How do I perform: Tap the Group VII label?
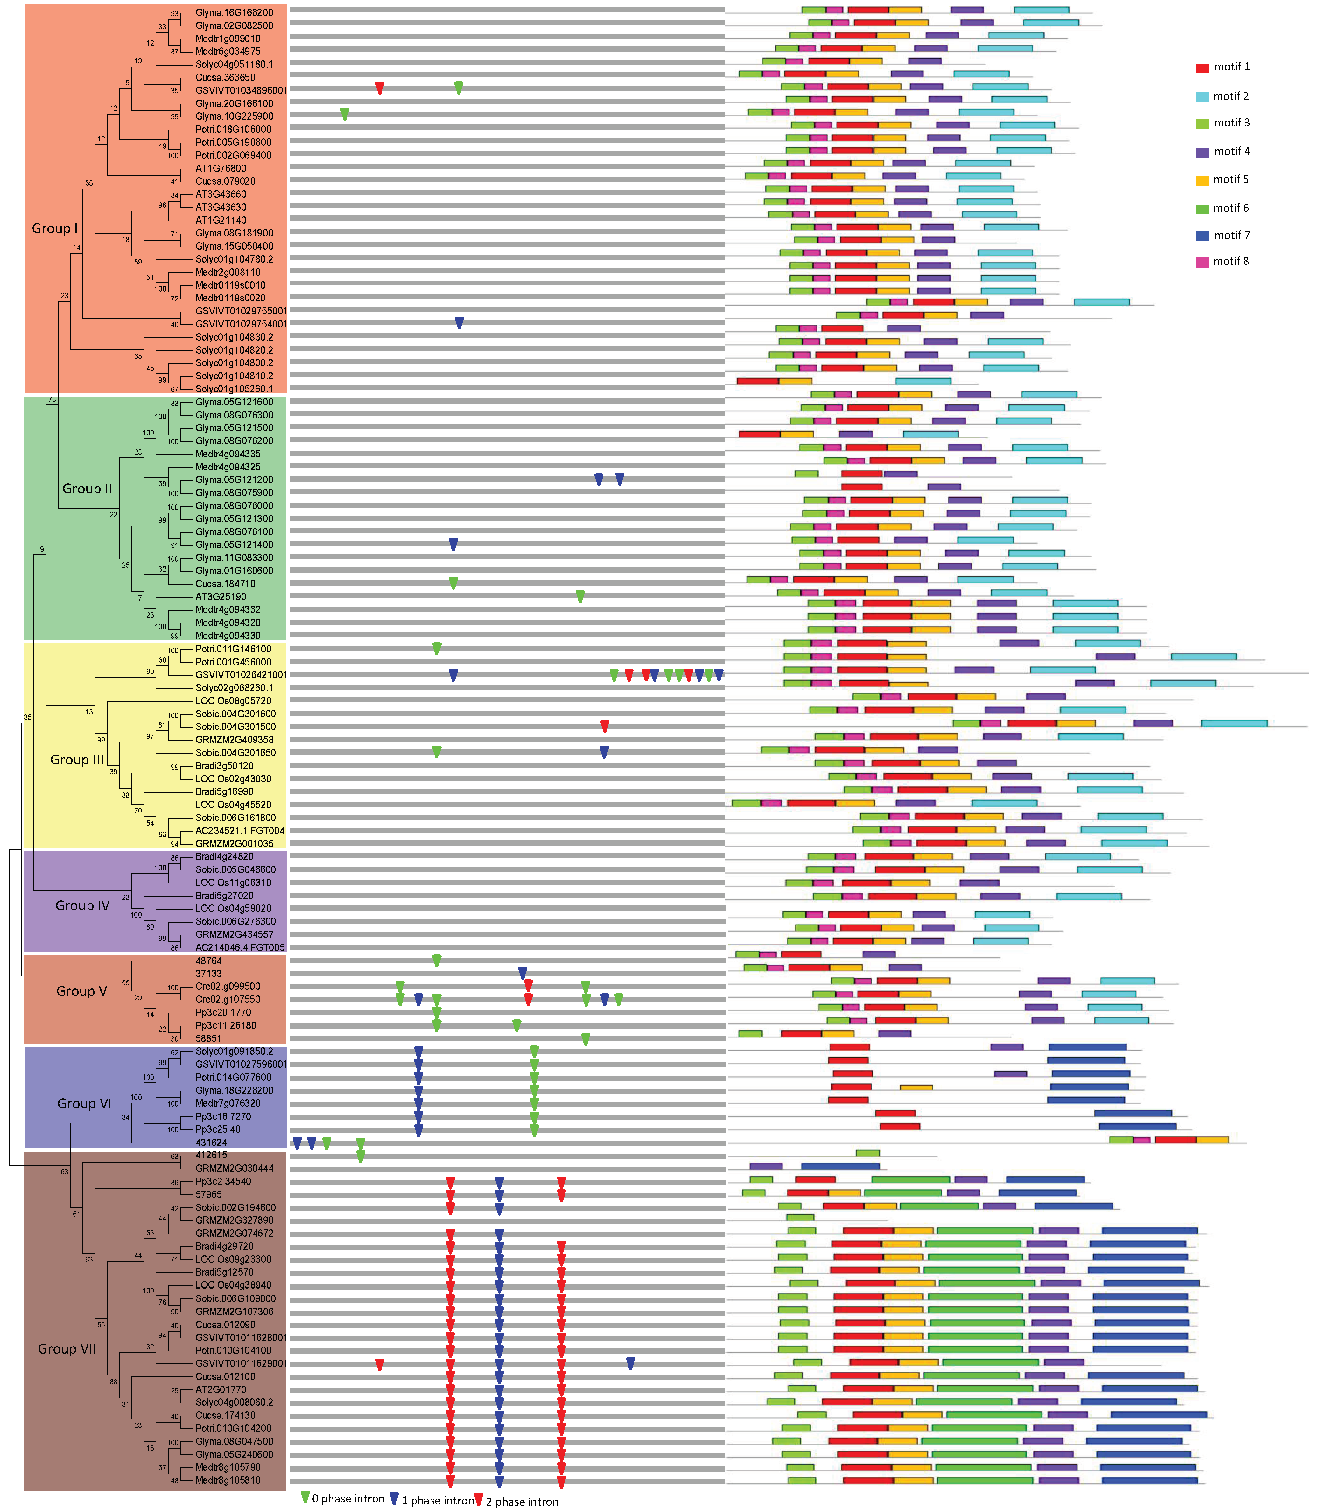(67, 1349)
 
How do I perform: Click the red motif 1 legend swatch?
(1202, 68)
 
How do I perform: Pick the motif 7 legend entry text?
(1231, 236)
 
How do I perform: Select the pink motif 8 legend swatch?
(1202, 262)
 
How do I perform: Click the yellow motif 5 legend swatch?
(1202, 180)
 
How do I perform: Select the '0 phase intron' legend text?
(347, 1499)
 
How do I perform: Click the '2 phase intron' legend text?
(522, 1502)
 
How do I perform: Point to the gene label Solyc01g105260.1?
(233, 389)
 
